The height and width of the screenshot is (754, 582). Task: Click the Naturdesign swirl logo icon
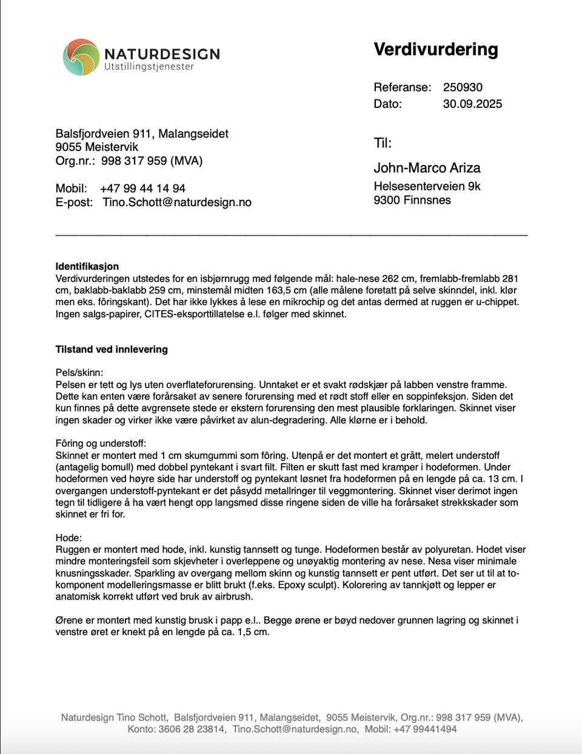(81, 58)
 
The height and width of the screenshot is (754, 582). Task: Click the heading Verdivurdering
(435, 50)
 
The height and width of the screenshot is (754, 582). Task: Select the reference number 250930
(463, 87)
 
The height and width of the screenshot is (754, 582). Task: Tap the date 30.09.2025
(472, 104)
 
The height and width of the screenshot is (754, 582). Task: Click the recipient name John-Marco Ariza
(427, 168)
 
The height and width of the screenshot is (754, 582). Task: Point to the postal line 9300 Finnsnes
(412, 200)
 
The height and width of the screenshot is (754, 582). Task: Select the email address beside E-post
(176, 202)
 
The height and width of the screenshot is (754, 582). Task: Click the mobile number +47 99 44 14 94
(142, 189)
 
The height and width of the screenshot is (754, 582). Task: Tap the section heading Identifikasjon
(87, 266)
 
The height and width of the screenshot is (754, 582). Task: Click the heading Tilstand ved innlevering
(112, 349)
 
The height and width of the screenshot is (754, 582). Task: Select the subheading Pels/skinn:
(79, 372)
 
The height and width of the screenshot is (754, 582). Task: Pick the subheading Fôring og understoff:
(101, 443)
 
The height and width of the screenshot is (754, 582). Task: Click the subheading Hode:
(68, 538)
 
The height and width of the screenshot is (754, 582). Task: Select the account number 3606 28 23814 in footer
(192, 729)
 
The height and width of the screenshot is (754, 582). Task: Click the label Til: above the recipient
(382, 143)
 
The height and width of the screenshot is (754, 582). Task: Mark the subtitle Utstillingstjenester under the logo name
(149, 67)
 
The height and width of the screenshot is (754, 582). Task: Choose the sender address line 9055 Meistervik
(96, 147)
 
